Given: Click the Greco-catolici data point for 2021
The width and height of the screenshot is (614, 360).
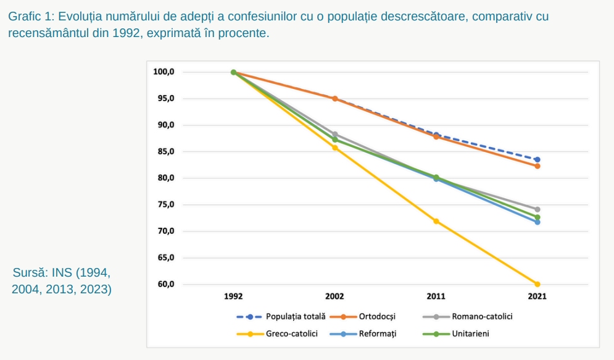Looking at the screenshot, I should [537, 284].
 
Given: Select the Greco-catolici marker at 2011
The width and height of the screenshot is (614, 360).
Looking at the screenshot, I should [436, 221].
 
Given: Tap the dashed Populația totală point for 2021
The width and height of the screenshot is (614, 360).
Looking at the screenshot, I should [537, 159].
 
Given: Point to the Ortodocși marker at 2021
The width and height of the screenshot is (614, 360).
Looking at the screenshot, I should [537, 165].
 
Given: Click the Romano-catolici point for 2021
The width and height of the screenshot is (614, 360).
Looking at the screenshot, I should [537, 209].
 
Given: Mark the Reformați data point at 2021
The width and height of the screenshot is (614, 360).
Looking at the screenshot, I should [537, 222].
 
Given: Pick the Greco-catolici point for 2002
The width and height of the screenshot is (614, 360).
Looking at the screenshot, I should [335, 148].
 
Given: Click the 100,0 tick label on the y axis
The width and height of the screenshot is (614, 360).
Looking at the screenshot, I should [164, 72].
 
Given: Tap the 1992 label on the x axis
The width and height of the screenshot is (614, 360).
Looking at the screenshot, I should [233, 296].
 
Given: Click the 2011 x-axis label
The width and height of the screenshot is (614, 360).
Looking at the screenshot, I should [436, 296].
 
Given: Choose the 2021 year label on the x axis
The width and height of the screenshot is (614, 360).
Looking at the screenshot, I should [537, 296].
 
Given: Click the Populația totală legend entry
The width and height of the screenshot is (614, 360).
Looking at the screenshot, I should [295, 317].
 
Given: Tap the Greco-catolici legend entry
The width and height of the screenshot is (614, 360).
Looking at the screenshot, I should [291, 334].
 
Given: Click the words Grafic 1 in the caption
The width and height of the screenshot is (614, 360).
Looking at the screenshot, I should [30, 17].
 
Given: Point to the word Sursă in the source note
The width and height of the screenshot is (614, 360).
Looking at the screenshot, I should [29, 272].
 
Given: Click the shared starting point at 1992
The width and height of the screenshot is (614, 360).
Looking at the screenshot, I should [233, 72].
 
